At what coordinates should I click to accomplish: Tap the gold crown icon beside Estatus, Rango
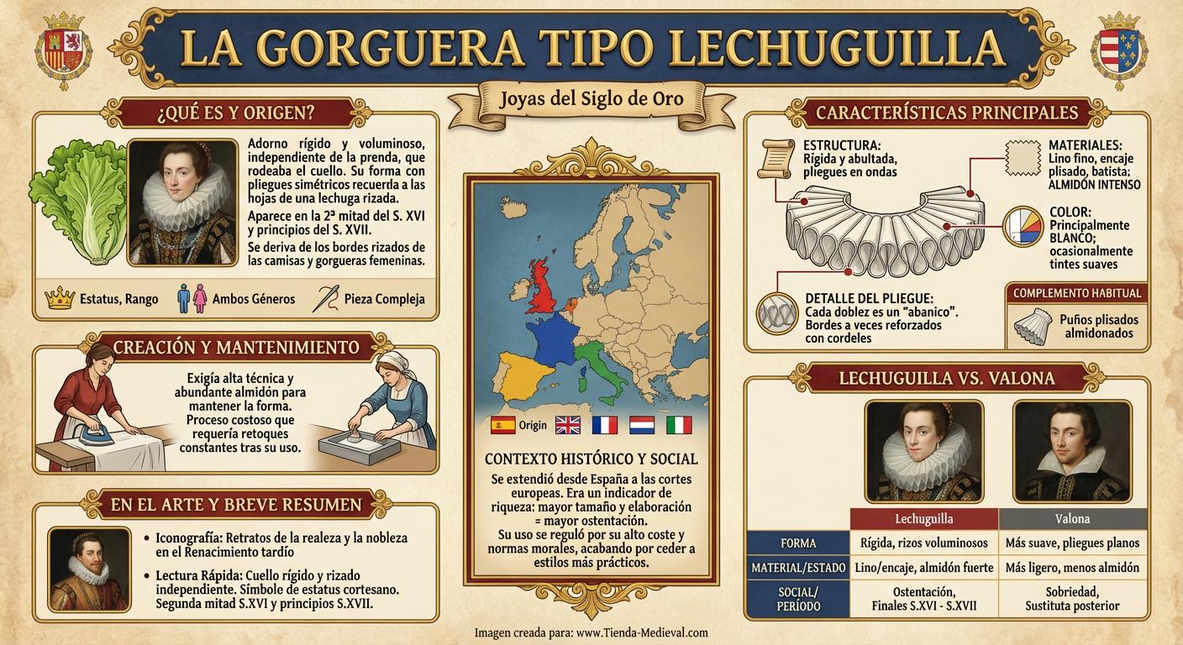tap(59, 298)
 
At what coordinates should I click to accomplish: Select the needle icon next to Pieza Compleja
tap(325, 298)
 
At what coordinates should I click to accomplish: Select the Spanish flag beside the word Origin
tap(502, 425)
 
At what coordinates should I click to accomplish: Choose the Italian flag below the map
tap(678, 425)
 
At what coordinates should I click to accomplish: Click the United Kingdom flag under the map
tap(568, 425)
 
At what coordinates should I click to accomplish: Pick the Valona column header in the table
tap(1071, 518)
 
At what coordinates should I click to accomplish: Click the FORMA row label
tap(797, 543)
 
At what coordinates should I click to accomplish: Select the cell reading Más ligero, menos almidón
tap(1071, 568)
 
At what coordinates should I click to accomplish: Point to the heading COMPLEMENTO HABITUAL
tap(1077, 293)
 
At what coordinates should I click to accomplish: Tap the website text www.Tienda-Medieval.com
tap(643, 632)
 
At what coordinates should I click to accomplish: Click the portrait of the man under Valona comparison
tap(1071, 451)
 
